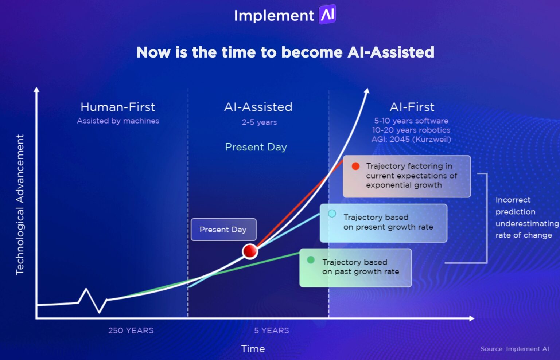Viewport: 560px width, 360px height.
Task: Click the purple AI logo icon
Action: click(x=327, y=15)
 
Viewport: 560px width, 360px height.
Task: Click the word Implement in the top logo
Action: click(x=274, y=16)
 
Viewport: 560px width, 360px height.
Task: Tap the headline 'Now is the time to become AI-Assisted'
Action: click(x=285, y=52)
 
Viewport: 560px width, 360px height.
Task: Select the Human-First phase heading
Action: click(x=118, y=107)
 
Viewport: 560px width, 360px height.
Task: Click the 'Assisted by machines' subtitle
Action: click(x=118, y=121)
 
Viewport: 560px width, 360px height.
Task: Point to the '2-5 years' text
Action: click(x=259, y=122)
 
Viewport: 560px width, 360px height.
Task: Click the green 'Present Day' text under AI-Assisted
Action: click(x=256, y=147)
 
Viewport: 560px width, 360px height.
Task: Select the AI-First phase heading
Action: click(x=412, y=107)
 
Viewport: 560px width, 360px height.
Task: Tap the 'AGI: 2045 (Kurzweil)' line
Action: click(x=411, y=140)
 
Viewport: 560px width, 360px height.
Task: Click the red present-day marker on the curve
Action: click(x=250, y=251)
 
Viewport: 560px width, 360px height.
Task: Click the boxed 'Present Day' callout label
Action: click(x=223, y=230)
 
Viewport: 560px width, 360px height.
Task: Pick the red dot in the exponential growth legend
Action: click(x=355, y=167)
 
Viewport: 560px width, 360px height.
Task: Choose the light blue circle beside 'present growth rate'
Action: click(x=332, y=214)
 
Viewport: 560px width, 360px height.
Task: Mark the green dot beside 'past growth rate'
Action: click(x=311, y=260)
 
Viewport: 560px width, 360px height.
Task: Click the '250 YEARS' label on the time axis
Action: click(x=131, y=330)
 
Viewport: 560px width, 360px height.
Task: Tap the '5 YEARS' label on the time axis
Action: click(x=271, y=330)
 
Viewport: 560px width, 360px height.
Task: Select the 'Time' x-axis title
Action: click(x=253, y=349)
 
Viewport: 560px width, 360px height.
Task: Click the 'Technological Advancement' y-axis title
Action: click(x=20, y=204)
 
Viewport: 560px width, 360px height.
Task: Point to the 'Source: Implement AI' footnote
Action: click(x=514, y=349)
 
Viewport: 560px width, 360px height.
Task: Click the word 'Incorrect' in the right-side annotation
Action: click(x=513, y=200)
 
